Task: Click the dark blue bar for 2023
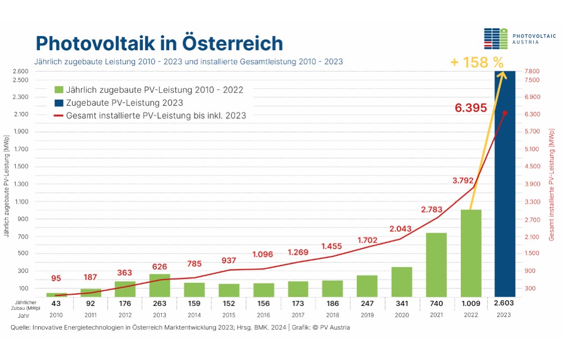click(505, 184)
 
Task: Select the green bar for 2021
click(436, 265)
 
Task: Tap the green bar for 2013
click(160, 285)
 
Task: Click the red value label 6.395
click(470, 107)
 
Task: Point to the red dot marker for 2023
click(505, 113)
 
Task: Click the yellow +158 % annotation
click(477, 62)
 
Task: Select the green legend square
click(59, 89)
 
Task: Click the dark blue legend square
click(59, 103)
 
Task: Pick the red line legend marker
click(59, 116)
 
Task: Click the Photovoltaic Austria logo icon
click(496, 39)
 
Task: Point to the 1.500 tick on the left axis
click(21, 166)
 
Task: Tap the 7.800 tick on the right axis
click(532, 71)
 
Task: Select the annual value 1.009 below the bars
click(470, 303)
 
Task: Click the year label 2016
click(263, 315)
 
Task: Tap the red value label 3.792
click(463, 181)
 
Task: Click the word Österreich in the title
click(233, 43)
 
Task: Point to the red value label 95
click(56, 278)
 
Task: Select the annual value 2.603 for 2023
click(504, 303)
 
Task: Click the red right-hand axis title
click(552, 185)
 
